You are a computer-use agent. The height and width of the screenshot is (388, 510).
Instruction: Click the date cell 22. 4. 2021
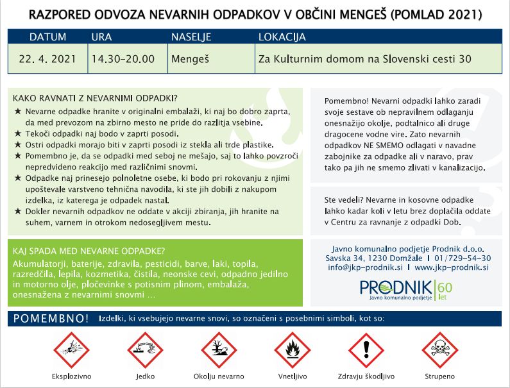click(x=47, y=58)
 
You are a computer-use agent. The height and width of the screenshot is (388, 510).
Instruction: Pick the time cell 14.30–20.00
click(x=123, y=58)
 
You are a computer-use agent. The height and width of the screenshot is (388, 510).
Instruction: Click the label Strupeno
click(x=440, y=376)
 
